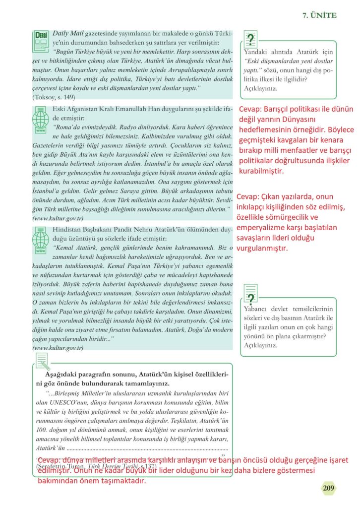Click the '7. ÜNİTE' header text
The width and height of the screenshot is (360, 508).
coord(319,15)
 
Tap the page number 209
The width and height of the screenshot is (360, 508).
coord(328,488)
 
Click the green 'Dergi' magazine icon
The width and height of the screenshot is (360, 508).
coord(39,40)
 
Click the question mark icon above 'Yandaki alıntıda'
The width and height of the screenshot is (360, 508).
coord(251,39)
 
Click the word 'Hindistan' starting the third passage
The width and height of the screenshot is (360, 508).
coord(68,230)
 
